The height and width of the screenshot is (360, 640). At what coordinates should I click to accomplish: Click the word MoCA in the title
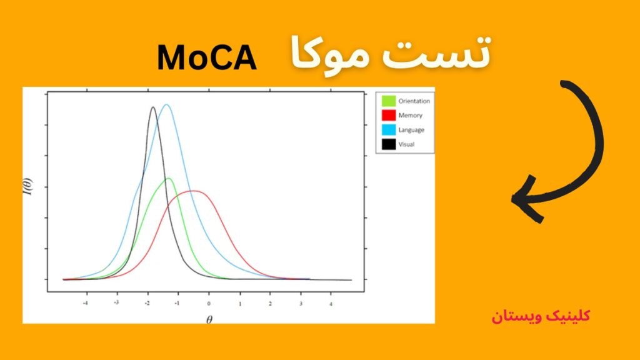tap(207, 58)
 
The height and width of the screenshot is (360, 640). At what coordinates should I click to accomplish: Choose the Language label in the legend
tap(411, 130)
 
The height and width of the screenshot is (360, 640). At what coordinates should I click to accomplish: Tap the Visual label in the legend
tap(406, 144)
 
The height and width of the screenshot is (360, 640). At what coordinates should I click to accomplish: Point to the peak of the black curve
tap(152, 107)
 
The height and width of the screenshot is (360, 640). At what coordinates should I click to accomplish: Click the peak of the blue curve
tap(166, 104)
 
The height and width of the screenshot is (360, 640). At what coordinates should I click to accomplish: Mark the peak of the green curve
tap(168, 179)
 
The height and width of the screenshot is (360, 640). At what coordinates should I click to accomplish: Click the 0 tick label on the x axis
tap(209, 302)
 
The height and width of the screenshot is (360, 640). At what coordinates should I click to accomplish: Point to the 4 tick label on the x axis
tap(331, 302)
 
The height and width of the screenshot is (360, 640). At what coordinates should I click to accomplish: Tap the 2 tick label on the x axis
tap(270, 302)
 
